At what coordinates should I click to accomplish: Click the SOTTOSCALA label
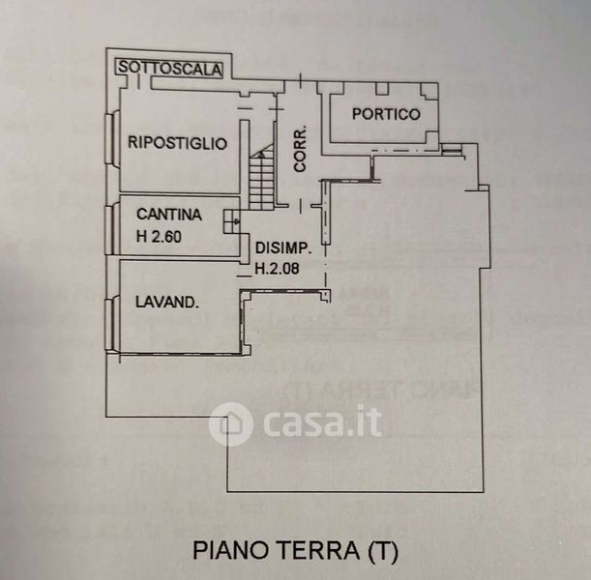170,69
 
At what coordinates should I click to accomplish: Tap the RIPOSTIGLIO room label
178,143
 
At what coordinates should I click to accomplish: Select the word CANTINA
169,215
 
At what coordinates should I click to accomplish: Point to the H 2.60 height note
159,237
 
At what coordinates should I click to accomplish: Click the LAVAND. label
167,302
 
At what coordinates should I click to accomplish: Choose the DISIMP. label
283,247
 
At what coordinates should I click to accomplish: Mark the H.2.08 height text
277,268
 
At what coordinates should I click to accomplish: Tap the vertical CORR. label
300,149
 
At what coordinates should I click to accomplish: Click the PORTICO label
386,114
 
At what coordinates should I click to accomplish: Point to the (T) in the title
382,551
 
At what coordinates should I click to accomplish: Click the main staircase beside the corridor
261,176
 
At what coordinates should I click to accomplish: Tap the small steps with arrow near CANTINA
232,221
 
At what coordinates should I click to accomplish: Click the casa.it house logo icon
230,424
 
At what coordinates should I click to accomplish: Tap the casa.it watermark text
322,421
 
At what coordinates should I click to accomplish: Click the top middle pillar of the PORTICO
382,89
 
